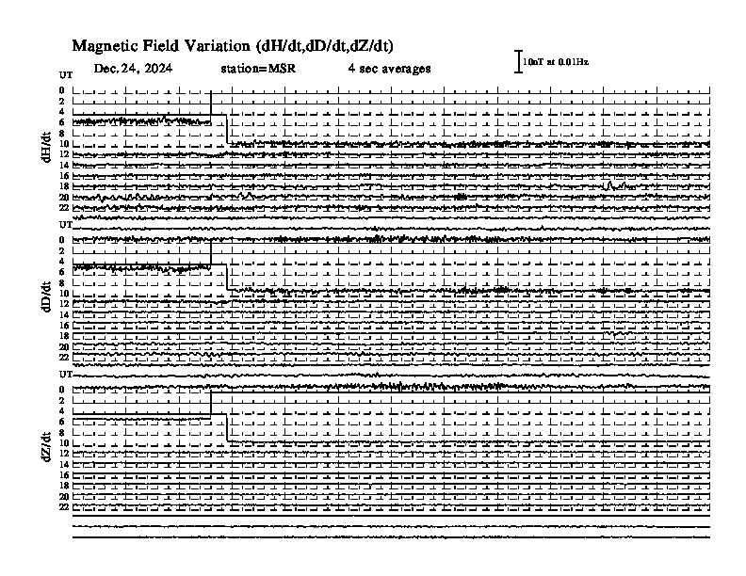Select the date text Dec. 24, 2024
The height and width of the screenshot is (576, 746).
point(133,69)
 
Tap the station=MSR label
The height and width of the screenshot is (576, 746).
point(258,69)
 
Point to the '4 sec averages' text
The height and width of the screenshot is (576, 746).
point(389,69)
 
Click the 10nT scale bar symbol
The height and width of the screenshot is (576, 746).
point(518,62)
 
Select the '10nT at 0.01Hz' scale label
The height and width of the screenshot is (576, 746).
point(556,62)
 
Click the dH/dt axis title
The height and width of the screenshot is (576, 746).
point(46,148)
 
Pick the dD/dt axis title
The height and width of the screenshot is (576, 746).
point(46,296)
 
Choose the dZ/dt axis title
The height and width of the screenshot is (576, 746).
point(46,447)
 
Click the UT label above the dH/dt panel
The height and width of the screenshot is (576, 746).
point(66,75)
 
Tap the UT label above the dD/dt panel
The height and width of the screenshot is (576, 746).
point(66,224)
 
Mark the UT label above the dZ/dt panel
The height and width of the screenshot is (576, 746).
point(66,374)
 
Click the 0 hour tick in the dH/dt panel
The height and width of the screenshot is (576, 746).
point(62,90)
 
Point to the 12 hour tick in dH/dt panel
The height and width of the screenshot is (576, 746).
point(64,154)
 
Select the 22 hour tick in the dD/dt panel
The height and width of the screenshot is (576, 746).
point(64,358)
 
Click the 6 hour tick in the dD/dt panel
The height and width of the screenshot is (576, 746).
point(62,272)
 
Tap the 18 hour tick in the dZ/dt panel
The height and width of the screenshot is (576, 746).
point(64,486)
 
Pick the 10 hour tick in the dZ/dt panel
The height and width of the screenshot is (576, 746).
point(64,443)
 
